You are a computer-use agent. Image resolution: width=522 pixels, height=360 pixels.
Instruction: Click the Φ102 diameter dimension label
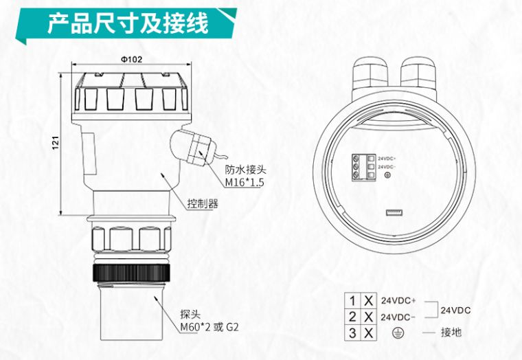(x=131, y=59)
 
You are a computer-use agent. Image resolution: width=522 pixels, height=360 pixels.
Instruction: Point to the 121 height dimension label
(x=54, y=144)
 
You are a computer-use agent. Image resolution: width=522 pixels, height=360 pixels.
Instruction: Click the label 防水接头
(x=245, y=170)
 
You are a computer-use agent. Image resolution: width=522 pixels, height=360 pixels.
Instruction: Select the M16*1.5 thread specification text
(x=245, y=183)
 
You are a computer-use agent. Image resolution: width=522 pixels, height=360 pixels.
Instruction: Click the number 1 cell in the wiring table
(x=352, y=301)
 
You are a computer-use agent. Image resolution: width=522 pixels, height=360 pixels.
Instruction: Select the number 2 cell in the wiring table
(x=352, y=317)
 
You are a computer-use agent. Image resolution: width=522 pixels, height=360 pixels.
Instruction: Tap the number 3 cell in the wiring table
(x=352, y=333)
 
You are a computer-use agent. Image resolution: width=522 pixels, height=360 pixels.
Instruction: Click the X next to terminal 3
(x=369, y=333)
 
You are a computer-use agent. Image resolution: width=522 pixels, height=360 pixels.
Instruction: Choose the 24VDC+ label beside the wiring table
(x=399, y=301)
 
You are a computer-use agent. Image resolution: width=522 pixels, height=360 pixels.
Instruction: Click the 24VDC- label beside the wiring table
(x=399, y=317)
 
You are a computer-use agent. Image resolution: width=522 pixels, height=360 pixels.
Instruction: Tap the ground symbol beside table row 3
(x=395, y=333)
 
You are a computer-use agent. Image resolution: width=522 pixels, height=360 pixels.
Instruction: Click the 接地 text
(x=451, y=333)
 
